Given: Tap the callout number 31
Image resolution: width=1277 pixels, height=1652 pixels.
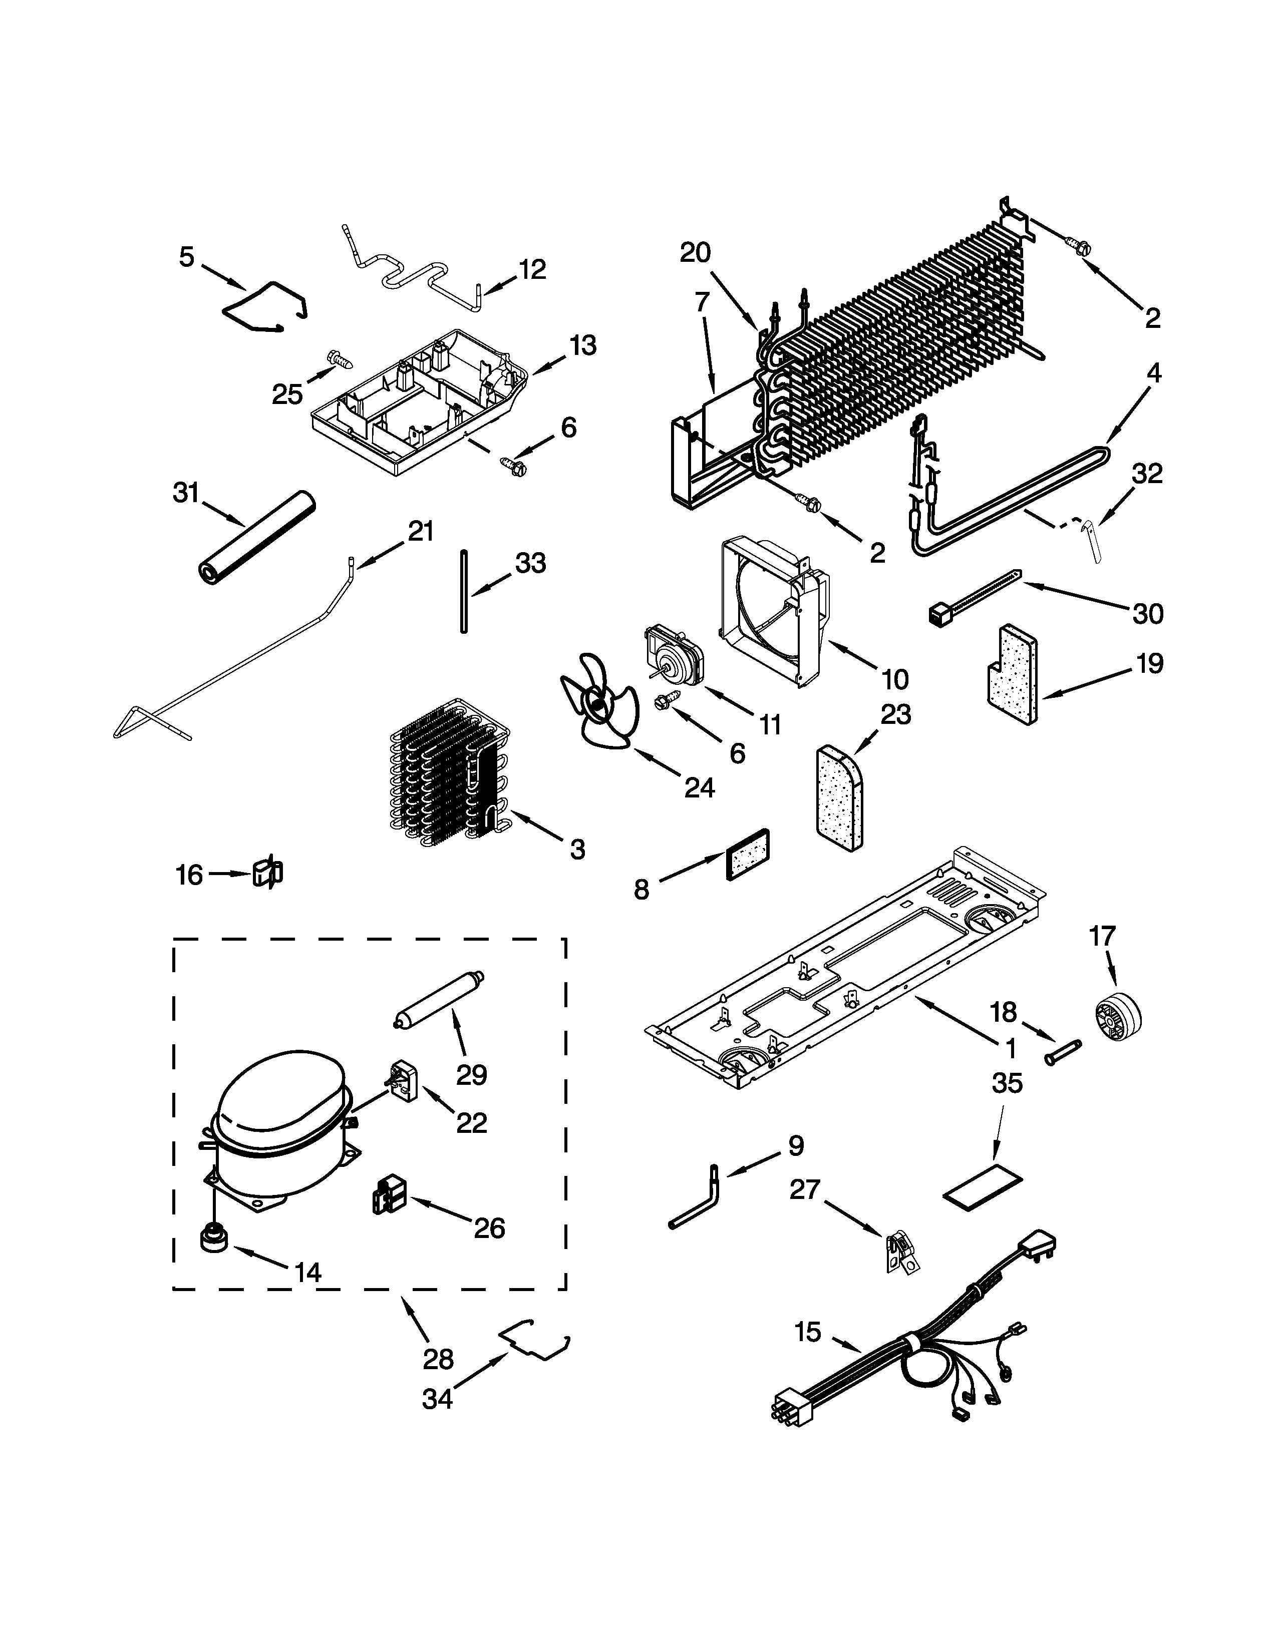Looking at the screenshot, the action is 185,493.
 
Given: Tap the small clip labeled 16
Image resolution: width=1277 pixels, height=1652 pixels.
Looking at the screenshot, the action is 266,874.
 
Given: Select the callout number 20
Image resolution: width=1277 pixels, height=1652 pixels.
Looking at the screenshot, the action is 695,252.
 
